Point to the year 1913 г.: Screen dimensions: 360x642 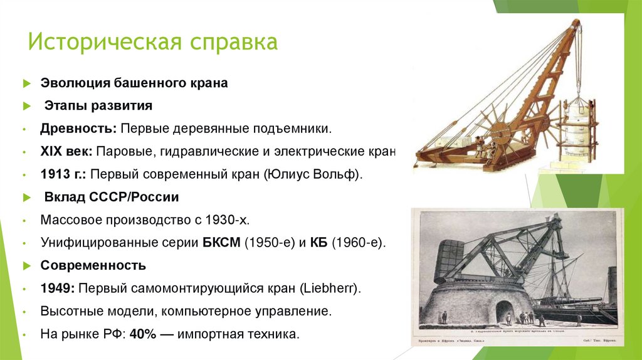[x=63, y=174]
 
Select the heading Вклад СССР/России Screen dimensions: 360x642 [x=112, y=198]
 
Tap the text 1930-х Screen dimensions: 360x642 [x=234, y=221]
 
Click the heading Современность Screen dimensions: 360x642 [x=93, y=265]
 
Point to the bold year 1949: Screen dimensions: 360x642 [x=59, y=289]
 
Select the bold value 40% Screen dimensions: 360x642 [x=144, y=334]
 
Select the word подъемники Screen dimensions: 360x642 [x=296, y=129]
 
